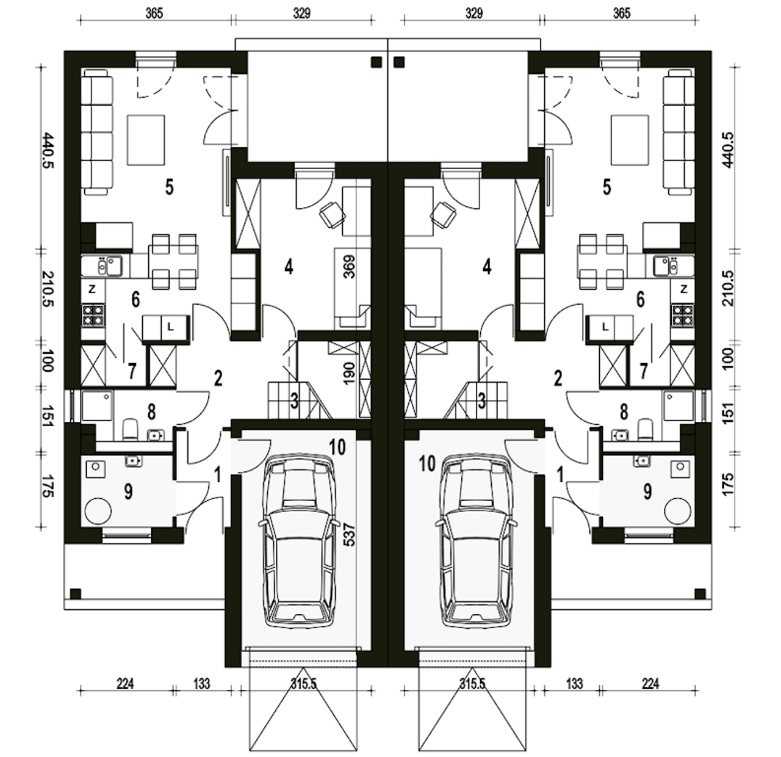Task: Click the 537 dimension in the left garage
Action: [x=350, y=534]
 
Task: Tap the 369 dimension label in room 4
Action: [x=350, y=266]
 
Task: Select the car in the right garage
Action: [x=478, y=541]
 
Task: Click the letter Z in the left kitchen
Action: [x=92, y=289]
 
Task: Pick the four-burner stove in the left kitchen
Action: [x=93, y=315]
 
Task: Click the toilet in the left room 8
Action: [x=130, y=429]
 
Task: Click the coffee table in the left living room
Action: [x=146, y=140]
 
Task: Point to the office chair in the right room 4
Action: [x=443, y=216]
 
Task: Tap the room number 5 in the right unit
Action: [x=606, y=187]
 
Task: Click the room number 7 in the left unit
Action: [x=132, y=371]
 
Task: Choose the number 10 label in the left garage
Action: [x=337, y=447]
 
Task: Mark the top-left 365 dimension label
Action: [x=154, y=13]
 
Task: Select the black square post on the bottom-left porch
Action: [x=76, y=593]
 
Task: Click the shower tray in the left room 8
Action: [x=97, y=406]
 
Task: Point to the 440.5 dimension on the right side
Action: [x=727, y=150]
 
